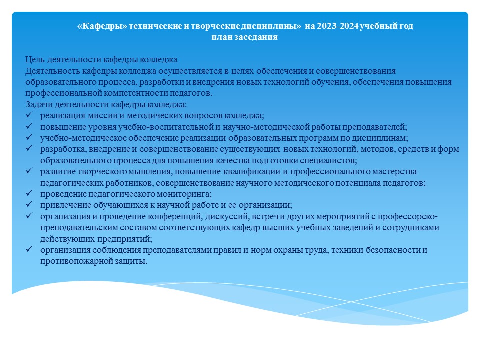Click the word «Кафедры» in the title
click(x=102, y=26)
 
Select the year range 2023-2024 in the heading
click(x=337, y=26)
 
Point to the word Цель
click(x=35, y=59)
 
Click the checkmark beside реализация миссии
click(x=29, y=115)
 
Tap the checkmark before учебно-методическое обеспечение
click(x=29, y=137)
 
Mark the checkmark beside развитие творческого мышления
click(x=29, y=171)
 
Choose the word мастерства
click(x=394, y=172)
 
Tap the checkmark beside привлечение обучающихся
click(x=29, y=204)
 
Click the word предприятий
click(x=125, y=239)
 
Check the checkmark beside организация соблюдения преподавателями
click(x=29, y=249)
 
